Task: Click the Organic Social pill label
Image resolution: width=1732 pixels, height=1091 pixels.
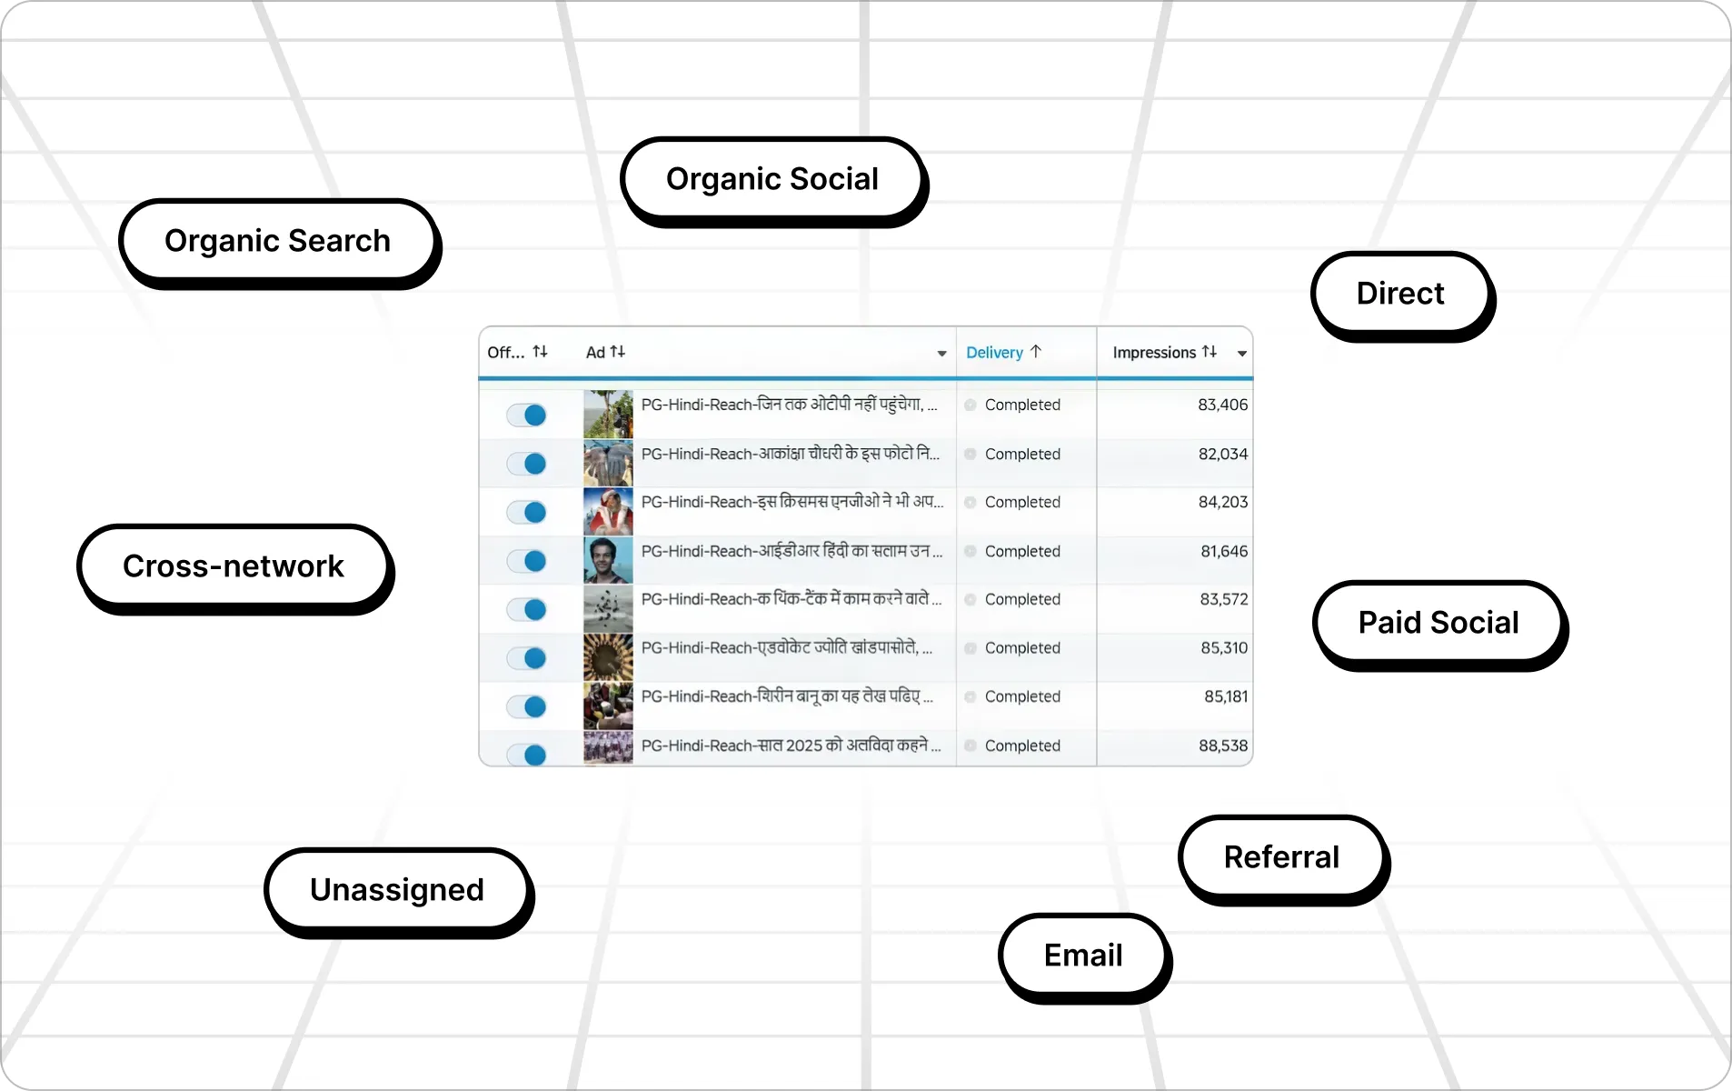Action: (771, 179)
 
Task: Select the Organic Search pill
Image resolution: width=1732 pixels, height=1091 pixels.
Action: (277, 241)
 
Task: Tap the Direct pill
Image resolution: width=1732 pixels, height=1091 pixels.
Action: (1399, 294)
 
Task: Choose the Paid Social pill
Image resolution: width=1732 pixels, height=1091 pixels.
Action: (1438, 623)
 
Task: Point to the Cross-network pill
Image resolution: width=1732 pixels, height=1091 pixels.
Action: (234, 566)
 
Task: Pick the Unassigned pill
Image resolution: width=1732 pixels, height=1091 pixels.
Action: (396, 890)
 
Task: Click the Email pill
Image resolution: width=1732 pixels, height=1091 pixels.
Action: (1082, 956)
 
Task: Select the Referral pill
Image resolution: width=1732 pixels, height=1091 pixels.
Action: (1281, 857)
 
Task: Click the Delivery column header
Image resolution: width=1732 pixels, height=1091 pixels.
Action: (994, 353)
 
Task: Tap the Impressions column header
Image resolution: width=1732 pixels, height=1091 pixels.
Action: (1154, 353)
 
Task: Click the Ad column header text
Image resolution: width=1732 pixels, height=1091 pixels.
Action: (596, 353)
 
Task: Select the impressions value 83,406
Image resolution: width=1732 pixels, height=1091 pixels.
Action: (1222, 405)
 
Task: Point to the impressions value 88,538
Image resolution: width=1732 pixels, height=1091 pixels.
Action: (1223, 746)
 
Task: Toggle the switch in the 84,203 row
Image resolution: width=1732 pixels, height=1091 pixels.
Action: (527, 512)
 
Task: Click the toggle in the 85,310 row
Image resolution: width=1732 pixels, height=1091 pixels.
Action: (527, 657)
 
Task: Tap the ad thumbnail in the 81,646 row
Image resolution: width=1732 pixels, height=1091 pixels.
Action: (608, 559)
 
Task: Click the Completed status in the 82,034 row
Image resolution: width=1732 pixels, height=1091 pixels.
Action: (1021, 454)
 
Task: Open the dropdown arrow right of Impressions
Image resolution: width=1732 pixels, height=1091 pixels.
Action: (1241, 354)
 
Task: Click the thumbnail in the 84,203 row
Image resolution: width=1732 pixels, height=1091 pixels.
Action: (608, 511)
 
